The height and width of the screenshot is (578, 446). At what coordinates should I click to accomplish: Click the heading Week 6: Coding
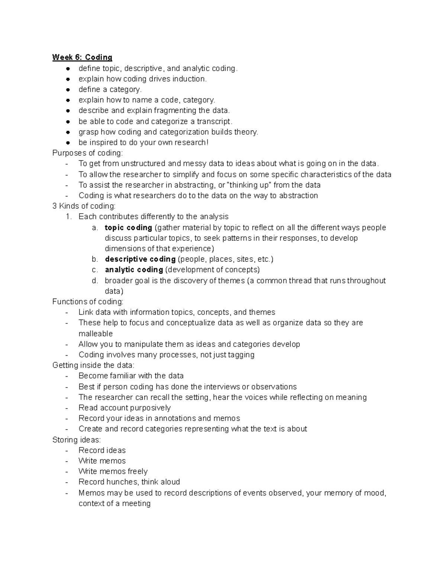(x=82, y=57)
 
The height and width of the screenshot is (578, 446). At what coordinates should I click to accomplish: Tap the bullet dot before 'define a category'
(x=68, y=90)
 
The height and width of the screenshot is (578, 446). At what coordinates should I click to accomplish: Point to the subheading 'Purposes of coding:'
(x=87, y=153)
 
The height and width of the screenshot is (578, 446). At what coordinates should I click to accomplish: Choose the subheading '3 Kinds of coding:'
(x=84, y=206)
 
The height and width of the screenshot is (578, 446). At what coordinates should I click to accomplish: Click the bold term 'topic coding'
(x=128, y=227)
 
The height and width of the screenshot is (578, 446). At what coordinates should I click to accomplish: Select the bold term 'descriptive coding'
(x=140, y=259)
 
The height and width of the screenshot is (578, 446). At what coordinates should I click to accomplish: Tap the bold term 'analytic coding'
(x=134, y=269)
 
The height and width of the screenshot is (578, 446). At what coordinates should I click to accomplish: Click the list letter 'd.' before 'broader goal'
(x=95, y=280)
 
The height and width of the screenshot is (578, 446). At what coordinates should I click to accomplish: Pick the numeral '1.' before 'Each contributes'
(x=68, y=217)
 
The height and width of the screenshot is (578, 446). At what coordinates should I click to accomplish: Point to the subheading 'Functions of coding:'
(x=88, y=301)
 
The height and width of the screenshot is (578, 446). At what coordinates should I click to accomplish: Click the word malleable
(x=96, y=333)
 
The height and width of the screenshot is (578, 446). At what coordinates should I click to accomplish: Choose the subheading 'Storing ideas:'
(x=77, y=440)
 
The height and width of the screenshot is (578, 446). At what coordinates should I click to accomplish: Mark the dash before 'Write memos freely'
(x=67, y=472)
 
